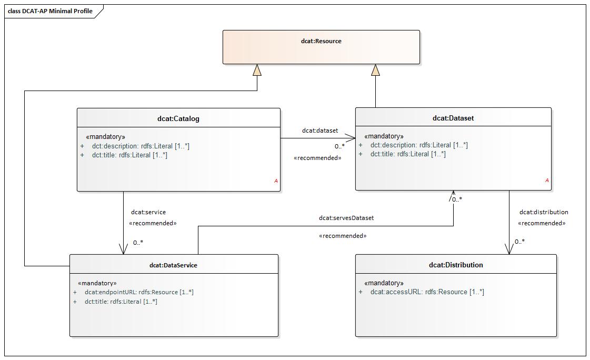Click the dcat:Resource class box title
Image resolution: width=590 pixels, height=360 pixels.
[x=321, y=41]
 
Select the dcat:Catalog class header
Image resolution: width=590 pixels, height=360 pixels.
[x=178, y=118]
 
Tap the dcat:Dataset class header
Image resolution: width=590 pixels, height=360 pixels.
[x=453, y=118]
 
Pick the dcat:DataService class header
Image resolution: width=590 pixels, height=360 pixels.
[x=173, y=265]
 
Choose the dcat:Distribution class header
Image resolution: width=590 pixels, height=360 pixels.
[x=456, y=265]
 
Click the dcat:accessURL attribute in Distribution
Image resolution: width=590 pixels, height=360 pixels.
[x=427, y=292]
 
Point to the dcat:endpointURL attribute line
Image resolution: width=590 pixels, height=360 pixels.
[x=139, y=292]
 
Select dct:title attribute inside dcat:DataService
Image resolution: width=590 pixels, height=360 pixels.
[x=121, y=302]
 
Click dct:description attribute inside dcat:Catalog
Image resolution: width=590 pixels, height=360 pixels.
[x=141, y=146]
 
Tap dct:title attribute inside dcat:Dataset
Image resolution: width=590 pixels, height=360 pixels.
[x=408, y=154]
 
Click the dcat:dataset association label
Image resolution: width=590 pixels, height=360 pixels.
[x=320, y=131]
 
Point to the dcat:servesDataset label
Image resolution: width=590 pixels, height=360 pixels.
[x=346, y=217]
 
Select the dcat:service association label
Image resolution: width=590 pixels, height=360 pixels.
[x=148, y=212]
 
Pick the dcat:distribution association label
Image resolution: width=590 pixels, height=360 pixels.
[x=544, y=212]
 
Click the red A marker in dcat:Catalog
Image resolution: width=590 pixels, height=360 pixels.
[x=276, y=181]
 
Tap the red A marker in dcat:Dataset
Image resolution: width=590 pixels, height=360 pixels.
[x=547, y=181]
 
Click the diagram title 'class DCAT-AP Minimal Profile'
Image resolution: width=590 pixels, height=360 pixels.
[x=50, y=11]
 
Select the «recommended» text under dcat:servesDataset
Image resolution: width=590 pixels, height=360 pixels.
[x=343, y=236]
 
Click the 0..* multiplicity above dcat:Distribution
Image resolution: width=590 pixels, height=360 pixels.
[x=519, y=242]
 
